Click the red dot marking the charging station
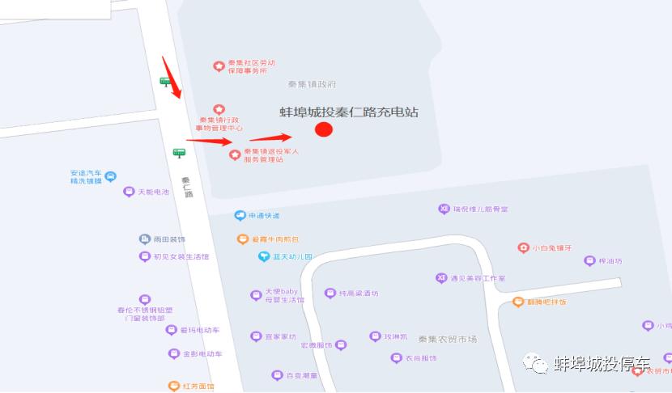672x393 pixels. (x=324, y=129)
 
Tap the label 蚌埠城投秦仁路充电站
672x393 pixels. (x=349, y=112)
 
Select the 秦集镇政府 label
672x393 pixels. (x=312, y=84)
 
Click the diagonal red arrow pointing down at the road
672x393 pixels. (x=171, y=76)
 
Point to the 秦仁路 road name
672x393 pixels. (x=187, y=187)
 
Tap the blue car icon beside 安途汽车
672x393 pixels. (x=111, y=176)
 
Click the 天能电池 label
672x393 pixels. (x=153, y=192)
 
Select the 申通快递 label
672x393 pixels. (x=263, y=215)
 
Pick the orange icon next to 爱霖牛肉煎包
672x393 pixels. (x=242, y=239)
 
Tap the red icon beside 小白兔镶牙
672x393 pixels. (x=523, y=247)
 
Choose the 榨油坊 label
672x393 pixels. (x=610, y=260)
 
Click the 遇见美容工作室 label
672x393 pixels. (x=478, y=278)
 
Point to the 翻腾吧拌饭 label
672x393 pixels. (x=546, y=302)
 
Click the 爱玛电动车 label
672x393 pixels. (x=199, y=330)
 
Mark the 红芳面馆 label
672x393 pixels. (x=198, y=387)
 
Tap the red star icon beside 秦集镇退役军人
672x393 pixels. (x=235, y=154)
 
